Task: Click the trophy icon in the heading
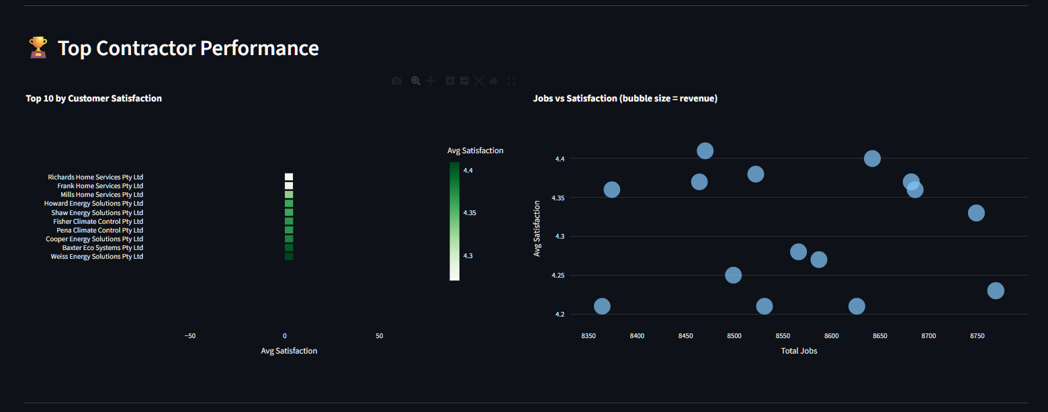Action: click(38, 48)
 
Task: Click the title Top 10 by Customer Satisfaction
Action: click(93, 98)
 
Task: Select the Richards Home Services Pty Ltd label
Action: click(95, 177)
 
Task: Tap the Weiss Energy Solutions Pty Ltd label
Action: click(97, 256)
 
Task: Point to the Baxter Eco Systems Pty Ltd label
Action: click(102, 247)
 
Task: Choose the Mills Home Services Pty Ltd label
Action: click(101, 194)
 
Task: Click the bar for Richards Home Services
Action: click(289, 177)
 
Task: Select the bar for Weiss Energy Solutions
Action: click(289, 256)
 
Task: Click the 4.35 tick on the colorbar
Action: click(470, 213)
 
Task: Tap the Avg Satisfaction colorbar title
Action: click(475, 151)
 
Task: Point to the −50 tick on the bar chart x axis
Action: click(189, 335)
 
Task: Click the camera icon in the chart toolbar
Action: click(396, 81)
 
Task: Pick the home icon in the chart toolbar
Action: click(493, 81)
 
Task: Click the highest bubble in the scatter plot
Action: click(705, 151)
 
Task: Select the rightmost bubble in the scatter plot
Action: click(996, 290)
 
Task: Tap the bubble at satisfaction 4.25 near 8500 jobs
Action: click(733, 275)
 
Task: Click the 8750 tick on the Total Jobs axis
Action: click(977, 335)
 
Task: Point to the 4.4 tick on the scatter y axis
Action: click(560, 159)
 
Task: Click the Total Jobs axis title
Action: click(799, 351)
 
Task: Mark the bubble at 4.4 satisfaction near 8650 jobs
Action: click(872, 159)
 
